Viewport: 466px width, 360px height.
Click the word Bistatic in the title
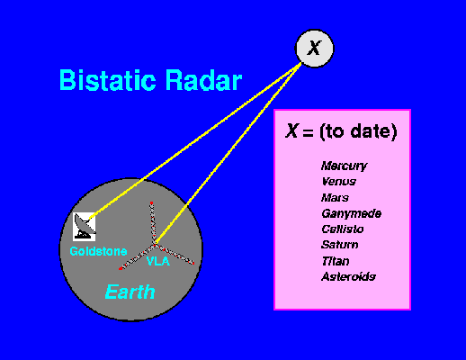point(108,80)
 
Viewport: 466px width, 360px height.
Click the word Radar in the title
point(203,80)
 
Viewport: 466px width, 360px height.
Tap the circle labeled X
point(315,49)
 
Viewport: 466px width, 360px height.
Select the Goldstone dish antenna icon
point(85,227)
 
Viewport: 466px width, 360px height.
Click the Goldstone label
point(98,251)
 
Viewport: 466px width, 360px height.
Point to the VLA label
point(158,261)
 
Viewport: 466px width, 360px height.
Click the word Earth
point(130,292)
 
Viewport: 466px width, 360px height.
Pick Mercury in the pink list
point(345,166)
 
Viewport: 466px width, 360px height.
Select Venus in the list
point(339,181)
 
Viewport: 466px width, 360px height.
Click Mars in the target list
point(335,197)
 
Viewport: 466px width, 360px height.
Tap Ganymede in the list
point(352,213)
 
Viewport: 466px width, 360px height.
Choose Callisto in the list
point(343,229)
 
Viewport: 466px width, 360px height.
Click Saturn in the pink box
point(340,245)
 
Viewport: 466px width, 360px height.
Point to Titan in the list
point(336,261)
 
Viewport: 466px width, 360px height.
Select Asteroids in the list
point(348,276)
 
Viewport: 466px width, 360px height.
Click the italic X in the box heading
point(291,130)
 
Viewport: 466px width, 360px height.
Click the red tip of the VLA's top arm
point(152,203)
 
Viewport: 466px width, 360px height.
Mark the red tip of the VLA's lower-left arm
point(121,268)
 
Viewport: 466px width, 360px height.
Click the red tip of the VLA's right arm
point(193,263)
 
